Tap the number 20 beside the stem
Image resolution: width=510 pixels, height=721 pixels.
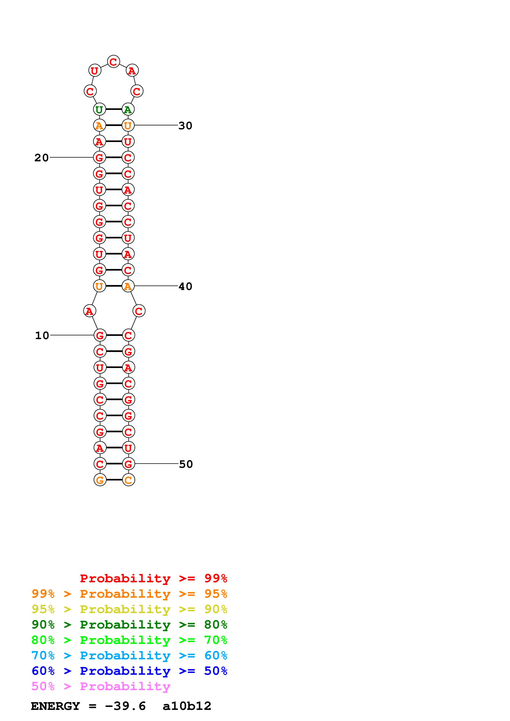point(42,158)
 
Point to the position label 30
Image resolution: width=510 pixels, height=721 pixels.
point(185,126)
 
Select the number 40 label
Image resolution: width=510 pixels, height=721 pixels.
point(185,286)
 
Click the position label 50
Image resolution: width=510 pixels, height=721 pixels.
point(186,464)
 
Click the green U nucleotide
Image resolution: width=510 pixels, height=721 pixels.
point(99,109)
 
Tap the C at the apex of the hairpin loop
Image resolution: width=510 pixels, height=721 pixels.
point(113,61)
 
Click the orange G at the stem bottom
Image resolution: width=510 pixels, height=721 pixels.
point(100,480)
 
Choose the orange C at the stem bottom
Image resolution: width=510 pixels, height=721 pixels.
point(128,480)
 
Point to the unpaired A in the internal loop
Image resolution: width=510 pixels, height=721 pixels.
point(89,311)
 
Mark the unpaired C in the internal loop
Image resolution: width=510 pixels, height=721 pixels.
point(139,311)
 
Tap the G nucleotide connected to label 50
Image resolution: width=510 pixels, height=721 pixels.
point(128,464)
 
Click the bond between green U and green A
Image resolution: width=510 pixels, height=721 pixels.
point(113,109)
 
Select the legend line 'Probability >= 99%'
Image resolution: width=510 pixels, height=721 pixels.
point(153,578)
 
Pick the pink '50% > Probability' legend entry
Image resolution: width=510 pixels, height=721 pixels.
point(101,686)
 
